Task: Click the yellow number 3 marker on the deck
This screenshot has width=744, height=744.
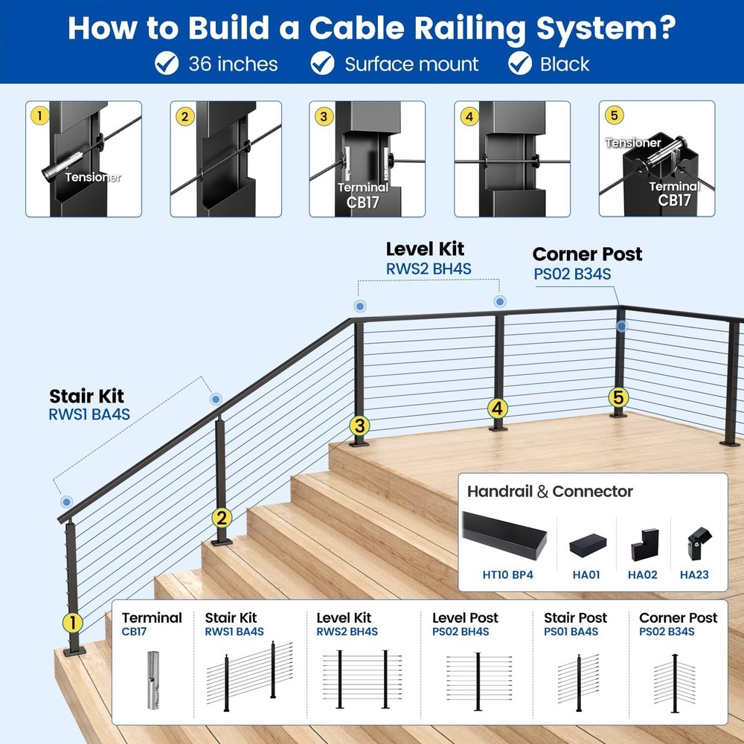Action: click(x=360, y=426)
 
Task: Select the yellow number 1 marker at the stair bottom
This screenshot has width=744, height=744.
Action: click(x=72, y=621)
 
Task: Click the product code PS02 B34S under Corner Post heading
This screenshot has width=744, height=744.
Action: click(x=572, y=274)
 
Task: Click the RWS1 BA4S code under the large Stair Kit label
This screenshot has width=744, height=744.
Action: click(x=89, y=414)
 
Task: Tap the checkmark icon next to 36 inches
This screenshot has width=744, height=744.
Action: click(x=167, y=64)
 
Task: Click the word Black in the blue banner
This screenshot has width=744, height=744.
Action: click(x=565, y=64)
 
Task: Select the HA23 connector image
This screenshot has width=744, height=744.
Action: click(x=694, y=545)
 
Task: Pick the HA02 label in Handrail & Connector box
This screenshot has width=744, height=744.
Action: click(x=643, y=574)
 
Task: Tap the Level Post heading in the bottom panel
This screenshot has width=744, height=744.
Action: click(x=465, y=618)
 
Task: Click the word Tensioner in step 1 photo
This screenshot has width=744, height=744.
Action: click(x=93, y=177)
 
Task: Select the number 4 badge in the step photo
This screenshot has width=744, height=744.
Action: click(x=468, y=116)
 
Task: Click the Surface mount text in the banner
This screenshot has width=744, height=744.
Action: click(x=411, y=64)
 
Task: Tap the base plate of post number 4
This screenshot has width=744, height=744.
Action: click(x=498, y=428)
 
